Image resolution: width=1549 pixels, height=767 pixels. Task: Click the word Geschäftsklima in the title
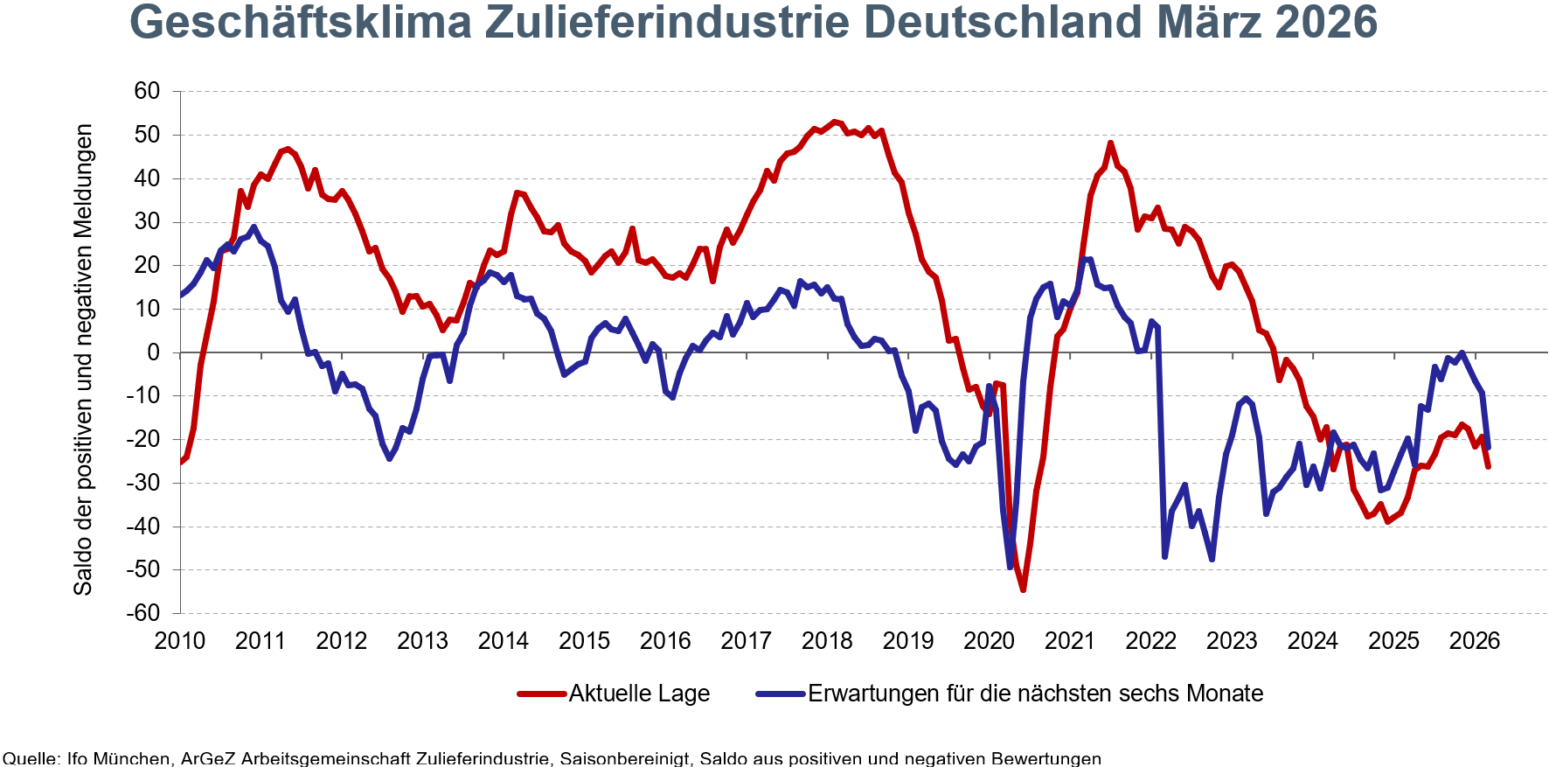click(300, 23)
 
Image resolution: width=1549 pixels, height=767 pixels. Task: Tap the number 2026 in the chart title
click(1326, 23)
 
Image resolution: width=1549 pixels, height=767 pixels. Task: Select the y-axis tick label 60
click(147, 91)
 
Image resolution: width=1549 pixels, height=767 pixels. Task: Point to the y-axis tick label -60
click(143, 613)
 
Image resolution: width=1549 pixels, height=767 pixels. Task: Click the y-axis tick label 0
click(154, 352)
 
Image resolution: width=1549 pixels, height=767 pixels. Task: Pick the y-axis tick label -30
click(143, 483)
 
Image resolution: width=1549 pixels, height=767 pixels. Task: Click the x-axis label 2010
click(180, 641)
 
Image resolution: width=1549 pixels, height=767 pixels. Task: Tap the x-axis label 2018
click(827, 641)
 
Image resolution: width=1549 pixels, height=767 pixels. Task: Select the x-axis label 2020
click(989, 641)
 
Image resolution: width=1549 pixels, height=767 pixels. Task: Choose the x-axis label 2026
click(1475, 641)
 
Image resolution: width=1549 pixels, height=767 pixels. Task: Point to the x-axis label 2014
click(504, 641)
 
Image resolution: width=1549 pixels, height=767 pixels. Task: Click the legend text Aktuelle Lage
click(639, 694)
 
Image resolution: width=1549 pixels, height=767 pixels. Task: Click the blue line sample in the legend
click(780, 694)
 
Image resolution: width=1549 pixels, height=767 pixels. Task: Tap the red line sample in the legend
click(541, 694)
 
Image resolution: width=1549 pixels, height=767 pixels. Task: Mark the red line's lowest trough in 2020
click(1023, 590)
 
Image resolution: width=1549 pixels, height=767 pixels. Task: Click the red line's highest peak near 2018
click(834, 122)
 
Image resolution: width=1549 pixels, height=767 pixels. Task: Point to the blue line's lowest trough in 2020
click(1011, 568)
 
